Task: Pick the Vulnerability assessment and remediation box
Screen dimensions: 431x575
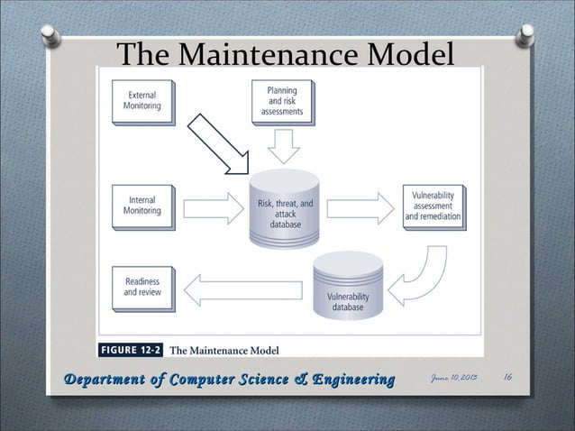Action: [x=433, y=206]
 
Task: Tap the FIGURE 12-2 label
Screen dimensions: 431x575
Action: [x=131, y=349]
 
